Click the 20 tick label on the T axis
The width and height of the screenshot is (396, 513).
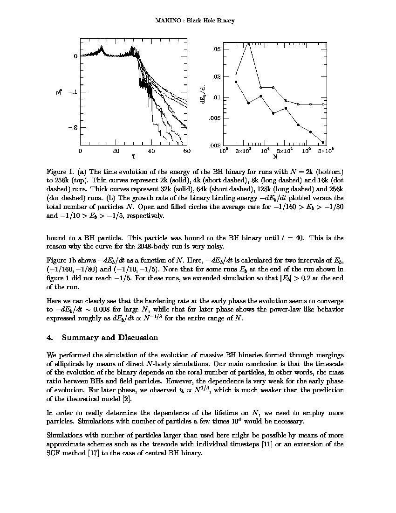pyautogui.click(x=116, y=151)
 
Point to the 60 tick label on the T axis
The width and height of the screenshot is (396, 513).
pyautogui.click(x=186, y=151)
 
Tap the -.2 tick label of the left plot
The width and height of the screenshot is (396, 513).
pyautogui.click(x=72, y=127)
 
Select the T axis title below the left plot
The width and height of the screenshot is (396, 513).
pyautogui.click(x=133, y=157)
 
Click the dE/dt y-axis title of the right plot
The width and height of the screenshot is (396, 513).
pyautogui.click(x=203, y=94)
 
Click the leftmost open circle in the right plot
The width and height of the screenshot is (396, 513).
pyautogui.click(x=236, y=74)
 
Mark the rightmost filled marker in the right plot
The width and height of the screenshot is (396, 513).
pyautogui.click(x=323, y=142)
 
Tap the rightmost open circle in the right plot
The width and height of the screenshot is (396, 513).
pyautogui.click(x=323, y=104)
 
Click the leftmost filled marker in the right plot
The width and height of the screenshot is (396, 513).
pyautogui.click(x=236, y=82)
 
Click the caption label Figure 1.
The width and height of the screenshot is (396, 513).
pyautogui.click(x=60, y=172)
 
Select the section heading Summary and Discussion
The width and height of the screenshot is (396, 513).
pyautogui.click(x=109, y=338)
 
